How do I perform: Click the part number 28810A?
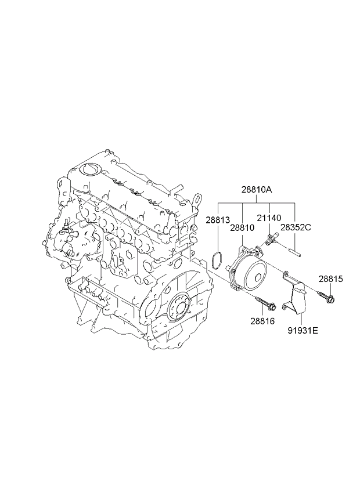coord(257,190)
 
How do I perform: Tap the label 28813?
coord(218,220)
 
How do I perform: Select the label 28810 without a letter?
coord(242,228)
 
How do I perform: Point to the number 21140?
coord(269,218)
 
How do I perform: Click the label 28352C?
coord(296,227)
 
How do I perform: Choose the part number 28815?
coord(331,278)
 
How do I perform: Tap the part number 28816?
coord(262,321)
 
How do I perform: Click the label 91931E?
coord(303,330)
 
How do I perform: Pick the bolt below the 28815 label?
coord(327,297)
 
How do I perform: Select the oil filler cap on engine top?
coord(91,169)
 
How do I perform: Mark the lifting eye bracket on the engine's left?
coord(62,190)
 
